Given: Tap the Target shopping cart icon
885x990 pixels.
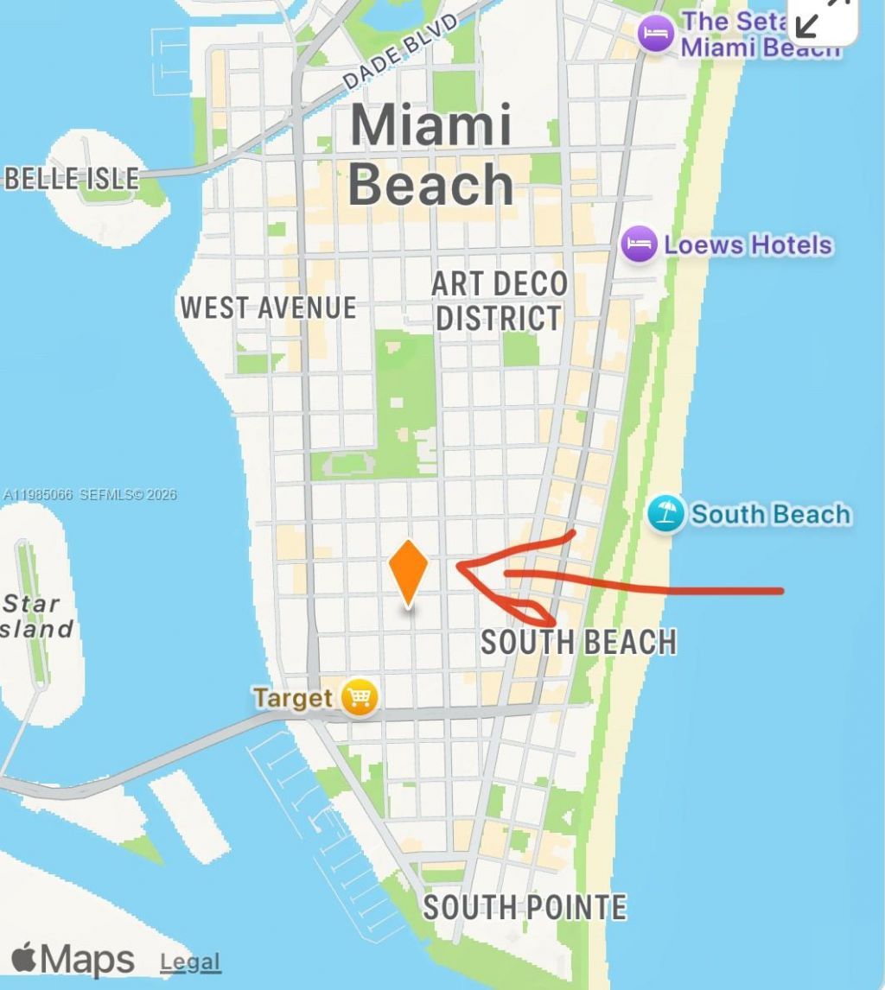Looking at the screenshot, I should pyautogui.click(x=360, y=696).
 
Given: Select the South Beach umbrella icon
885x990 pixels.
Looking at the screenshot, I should pyautogui.click(x=665, y=514).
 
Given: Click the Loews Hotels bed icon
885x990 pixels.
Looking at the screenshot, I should pyautogui.click(x=640, y=244).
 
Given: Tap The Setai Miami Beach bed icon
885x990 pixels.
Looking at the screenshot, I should pyautogui.click(x=656, y=34).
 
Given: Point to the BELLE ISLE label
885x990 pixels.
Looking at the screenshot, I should pyautogui.click(x=72, y=179).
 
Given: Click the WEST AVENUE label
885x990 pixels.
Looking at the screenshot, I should pyautogui.click(x=268, y=308).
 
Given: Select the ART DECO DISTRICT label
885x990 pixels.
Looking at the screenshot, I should pyautogui.click(x=499, y=301).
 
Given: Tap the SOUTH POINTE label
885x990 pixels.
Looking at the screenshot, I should pyautogui.click(x=524, y=907).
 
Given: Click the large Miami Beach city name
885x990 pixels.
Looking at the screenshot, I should pyautogui.click(x=430, y=155).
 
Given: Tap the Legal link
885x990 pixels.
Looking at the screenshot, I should pyautogui.click(x=190, y=961).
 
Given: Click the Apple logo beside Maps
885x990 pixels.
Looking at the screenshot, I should pyautogui.click(x=24, y=958).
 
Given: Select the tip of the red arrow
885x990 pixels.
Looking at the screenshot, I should pyautogui.click(x=458, y=568).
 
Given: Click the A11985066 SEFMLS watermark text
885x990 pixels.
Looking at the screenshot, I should pyautogui.click(x=89, y=495).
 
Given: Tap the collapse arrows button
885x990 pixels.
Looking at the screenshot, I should pyautogui.click(x=822, y=16).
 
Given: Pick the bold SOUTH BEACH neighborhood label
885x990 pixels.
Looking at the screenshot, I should pyautogui.click(x=578, y=643).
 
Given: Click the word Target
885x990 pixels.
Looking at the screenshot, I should pyautogui.click(x=293, y=697).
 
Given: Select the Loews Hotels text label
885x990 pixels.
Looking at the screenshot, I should pyautogui.click(x=748, y=245).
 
